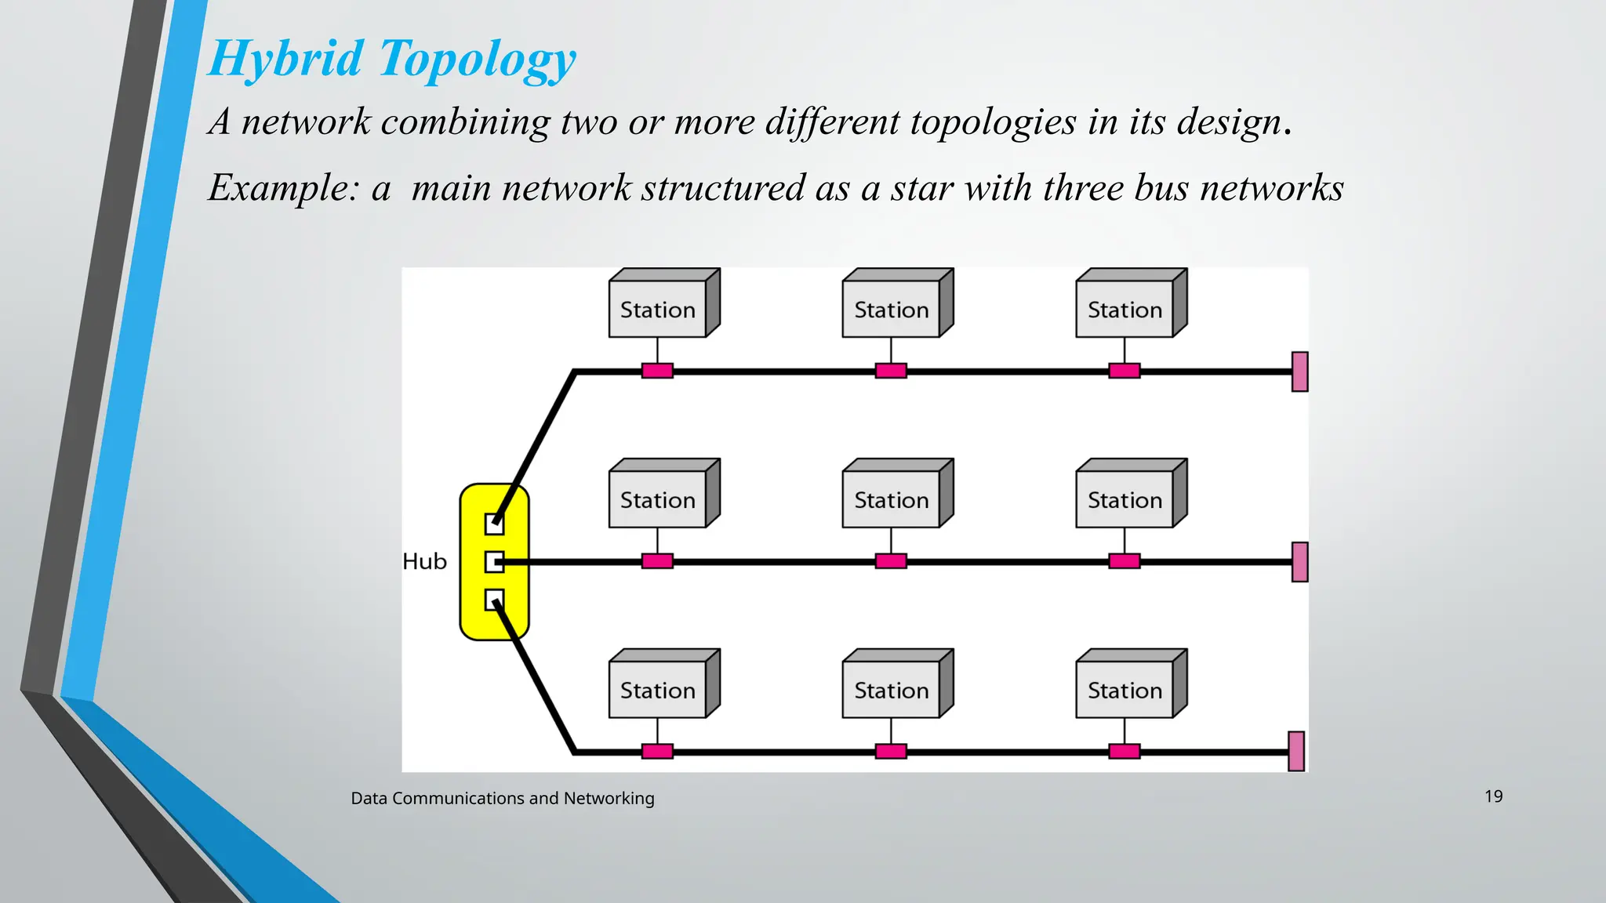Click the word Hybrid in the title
[x=286, y=60]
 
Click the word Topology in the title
[x=478, y=60]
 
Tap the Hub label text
[x=424, y=561]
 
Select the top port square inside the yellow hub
[x=494, y=524]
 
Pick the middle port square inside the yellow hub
[x=494, y=562]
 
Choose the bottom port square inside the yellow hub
[x=494, y=600]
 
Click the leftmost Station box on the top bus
[x=658, y=309]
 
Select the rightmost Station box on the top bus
[x=1125, y=309]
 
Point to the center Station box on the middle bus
[x=891, y=499]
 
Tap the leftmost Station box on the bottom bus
[x=658, y=690]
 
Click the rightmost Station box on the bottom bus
[x=1125, y=690]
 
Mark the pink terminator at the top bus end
[x=1299, y=372]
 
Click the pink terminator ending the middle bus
[x=1299, y=562]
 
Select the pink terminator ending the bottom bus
[x=1296, y=751]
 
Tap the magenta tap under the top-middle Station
[x=891, y=371]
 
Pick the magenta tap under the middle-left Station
[x=657, y=561]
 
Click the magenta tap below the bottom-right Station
[x=1125, y=752]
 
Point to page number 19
[x=1493, y=796]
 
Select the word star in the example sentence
[x=922, y=188]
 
